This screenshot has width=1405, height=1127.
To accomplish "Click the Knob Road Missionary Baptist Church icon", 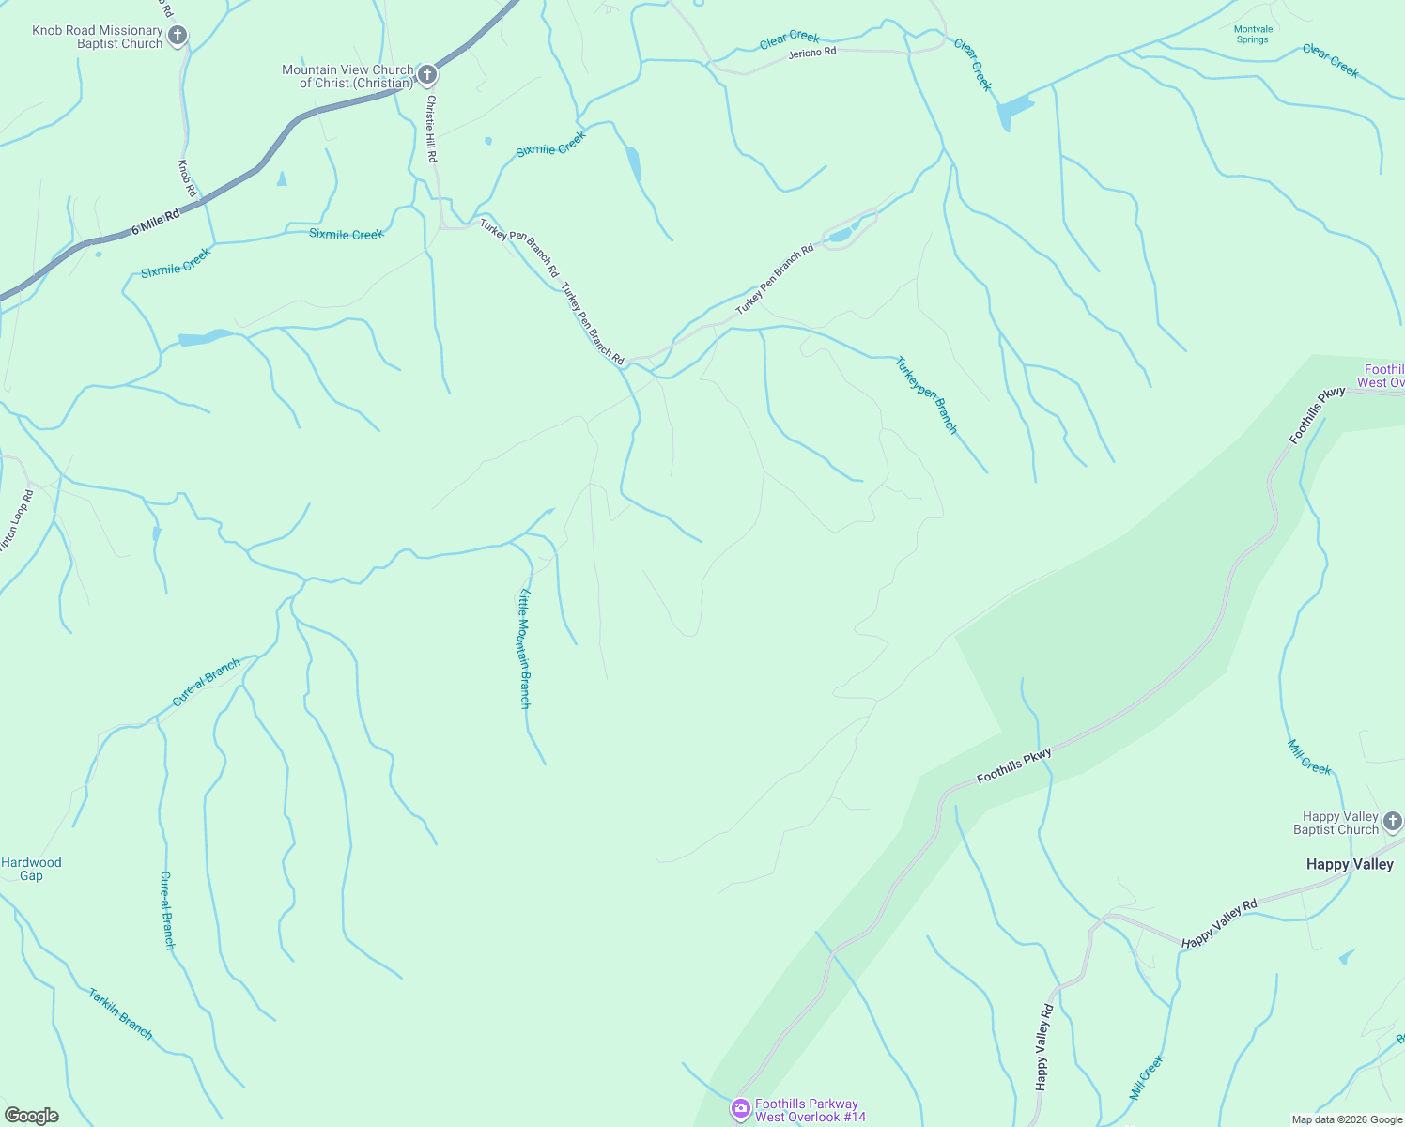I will pyautogui.click(x=178, y=37).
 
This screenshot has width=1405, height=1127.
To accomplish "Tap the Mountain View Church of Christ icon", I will pyautogui.click(x=426, y=75).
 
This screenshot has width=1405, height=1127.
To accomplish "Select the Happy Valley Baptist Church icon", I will pyautogui.click(x=1393, y=823).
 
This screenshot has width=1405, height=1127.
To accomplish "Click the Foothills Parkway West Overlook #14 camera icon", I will pyautogui.click(x=741, y=1110).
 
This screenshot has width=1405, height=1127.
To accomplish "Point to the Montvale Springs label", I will pyautogui.click(x=1253, y=35).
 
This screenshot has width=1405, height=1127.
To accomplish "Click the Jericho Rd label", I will pyautogui.click(x=812, y=53).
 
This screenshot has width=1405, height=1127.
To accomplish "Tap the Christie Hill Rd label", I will pyautogui.click(x=431, y=129).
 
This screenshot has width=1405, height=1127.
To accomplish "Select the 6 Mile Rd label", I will pyautogui.click(x=155, y=223).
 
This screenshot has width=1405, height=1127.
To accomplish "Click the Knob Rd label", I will pyautogui.click(x=187, y=178).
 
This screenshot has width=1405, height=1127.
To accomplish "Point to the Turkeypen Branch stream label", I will pyautogui.click(x=926, y=394).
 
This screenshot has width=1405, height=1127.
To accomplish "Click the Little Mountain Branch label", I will pyautogui.click(x=525, y=648).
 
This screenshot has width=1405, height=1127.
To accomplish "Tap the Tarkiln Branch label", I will pyautogui.click(x=120, y=1013).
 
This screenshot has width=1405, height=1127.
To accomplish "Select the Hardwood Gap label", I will pyautogui.click(x=31, y=869).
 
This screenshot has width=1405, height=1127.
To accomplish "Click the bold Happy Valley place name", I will pyautogui.click(x=1350, y=864).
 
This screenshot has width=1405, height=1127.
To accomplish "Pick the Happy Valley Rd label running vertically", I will pyautogui.click(x=1043, y=1047).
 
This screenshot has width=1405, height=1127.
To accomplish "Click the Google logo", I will pyautogui.click(x=32, y=1115).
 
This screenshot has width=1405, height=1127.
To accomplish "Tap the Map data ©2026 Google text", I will pyautogui.click(x=1347, y=1119).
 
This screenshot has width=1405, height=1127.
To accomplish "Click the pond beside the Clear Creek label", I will pyautogui.click(x=1012, y=112).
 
